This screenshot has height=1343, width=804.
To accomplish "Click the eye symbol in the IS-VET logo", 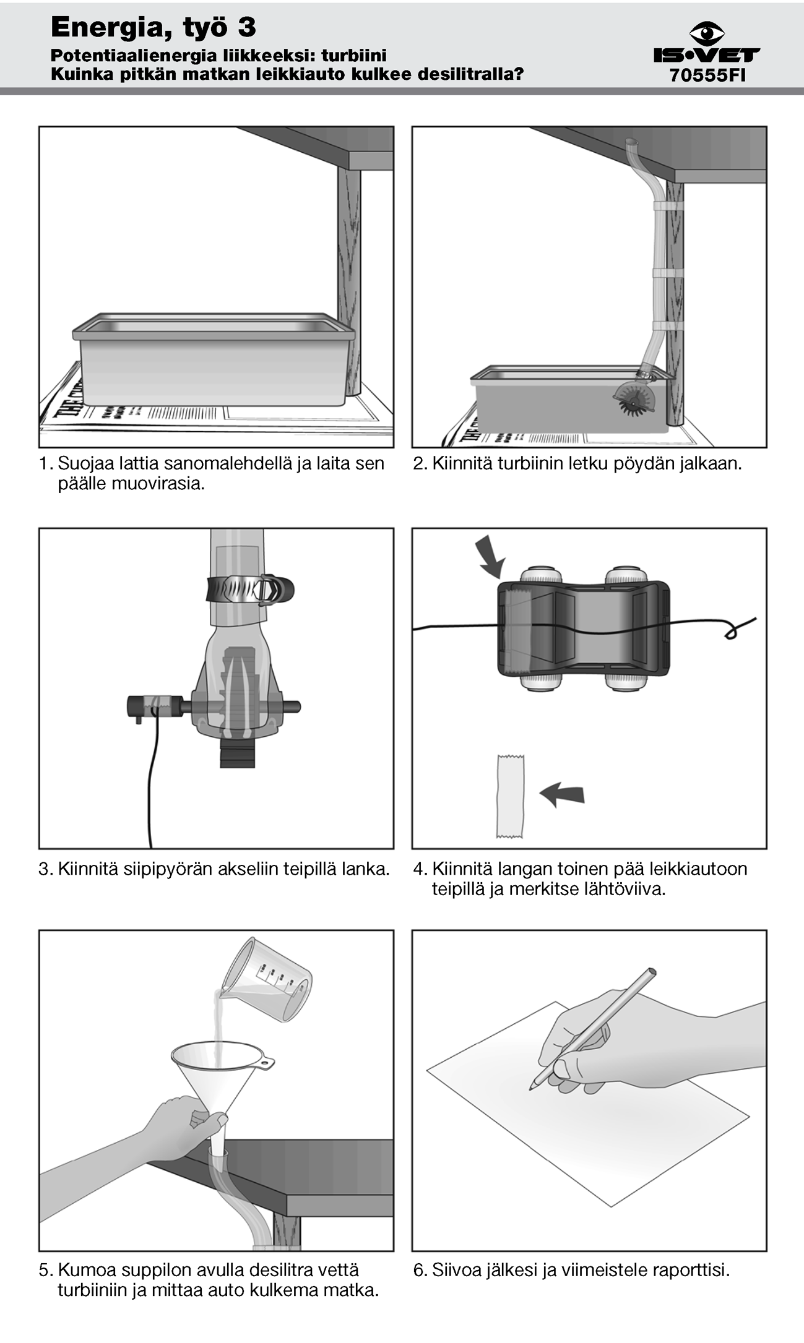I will [x=706, y=33].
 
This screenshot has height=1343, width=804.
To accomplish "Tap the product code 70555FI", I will [x=707, y=75].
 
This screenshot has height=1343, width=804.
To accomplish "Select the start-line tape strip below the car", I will [x=510, y=796].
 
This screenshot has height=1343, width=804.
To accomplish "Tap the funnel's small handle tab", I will [x=266, y=1064].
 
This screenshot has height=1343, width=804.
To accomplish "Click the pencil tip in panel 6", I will [x=532, y=1087].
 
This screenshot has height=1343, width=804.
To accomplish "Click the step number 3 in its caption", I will [x=43, y=869].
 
